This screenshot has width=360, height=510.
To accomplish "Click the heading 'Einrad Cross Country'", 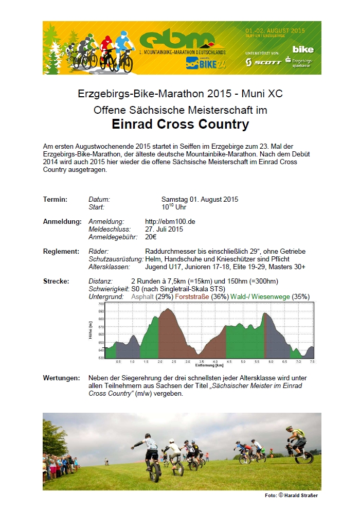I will [180, 124].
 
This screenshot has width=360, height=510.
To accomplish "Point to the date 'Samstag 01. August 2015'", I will [200, 200].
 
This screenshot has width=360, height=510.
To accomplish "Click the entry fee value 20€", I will [151, 237].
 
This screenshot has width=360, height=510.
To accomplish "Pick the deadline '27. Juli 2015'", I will [164, 230].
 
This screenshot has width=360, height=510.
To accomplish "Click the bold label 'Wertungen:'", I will [61, 378].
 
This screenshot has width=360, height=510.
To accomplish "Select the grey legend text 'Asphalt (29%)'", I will [152, 297].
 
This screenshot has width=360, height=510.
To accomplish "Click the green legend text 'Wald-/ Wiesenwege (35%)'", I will [270, 297].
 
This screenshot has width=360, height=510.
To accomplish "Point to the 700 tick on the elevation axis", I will [101, 304].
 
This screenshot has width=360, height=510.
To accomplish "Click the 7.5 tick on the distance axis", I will [312, 362].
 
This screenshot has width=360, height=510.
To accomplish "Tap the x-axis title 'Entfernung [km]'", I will [209, 365].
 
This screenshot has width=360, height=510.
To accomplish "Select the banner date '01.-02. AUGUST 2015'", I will [275, 30].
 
